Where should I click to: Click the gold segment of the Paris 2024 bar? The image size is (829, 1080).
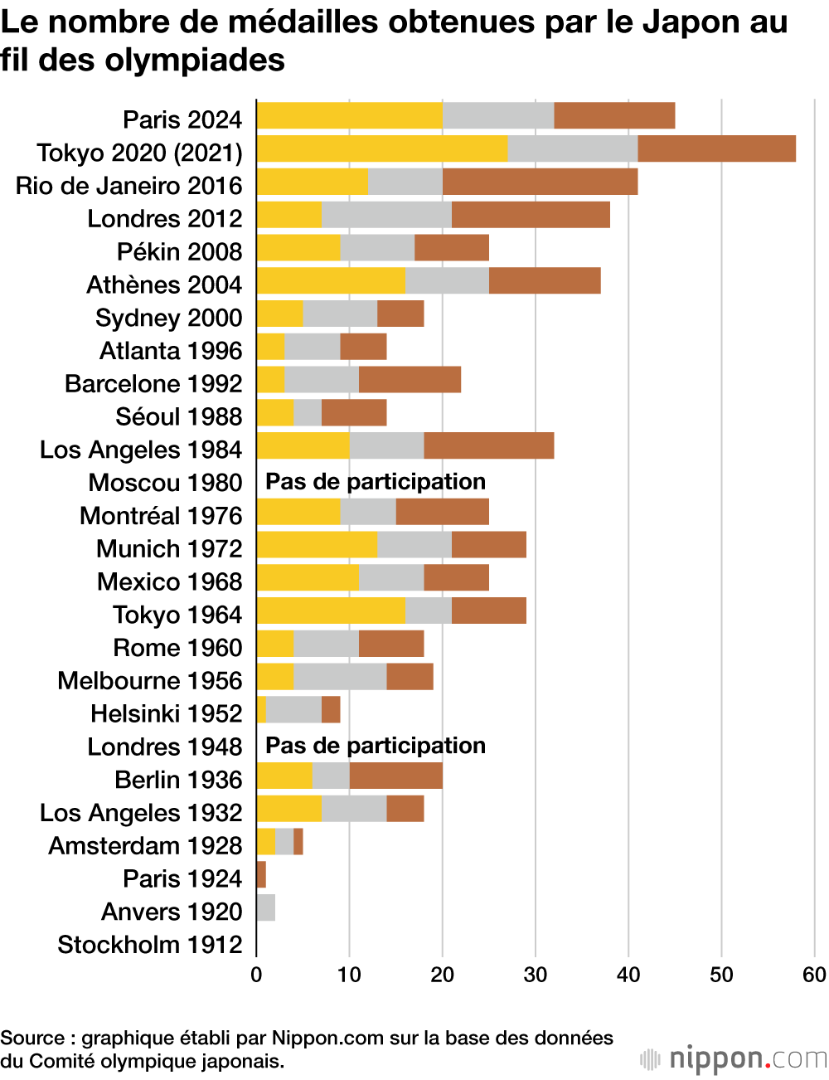point(349,116)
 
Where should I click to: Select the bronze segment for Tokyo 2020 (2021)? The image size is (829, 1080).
point(716,149)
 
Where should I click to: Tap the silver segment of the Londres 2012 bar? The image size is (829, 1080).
point(386,215)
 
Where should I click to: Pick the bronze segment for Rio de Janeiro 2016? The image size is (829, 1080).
point(540,182)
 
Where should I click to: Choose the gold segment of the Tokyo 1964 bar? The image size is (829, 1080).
point(331,611)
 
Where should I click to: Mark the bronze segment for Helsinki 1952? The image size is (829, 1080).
point(331,710)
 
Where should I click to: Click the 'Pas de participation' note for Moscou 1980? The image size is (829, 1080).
point(375,482)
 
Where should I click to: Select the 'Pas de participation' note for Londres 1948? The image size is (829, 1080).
point(375,746)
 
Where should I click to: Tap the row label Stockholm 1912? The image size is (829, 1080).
point(150,945)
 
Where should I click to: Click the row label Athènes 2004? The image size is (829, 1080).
point(164,285)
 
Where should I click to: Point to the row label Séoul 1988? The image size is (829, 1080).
point(179,417)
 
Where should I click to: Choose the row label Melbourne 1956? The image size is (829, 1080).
point(150,681)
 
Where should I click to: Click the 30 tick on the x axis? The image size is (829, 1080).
point(535,975)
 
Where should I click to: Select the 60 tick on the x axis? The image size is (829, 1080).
point(814,975)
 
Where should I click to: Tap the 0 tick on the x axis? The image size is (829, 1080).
point(256,975)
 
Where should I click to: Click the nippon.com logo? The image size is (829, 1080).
point(734,1059)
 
